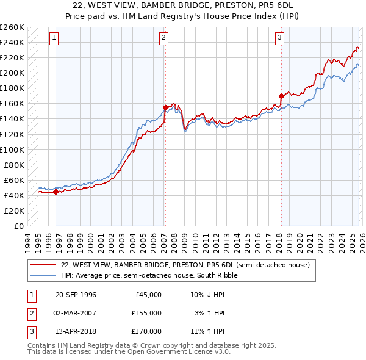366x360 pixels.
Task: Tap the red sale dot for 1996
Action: [56, 192]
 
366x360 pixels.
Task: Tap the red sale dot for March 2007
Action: [165, 107]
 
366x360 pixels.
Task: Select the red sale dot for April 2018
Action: [281, 96]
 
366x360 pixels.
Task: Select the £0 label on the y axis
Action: [19, 226]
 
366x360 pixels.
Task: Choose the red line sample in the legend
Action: [43, 265]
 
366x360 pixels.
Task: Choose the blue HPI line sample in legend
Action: [43, 275]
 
